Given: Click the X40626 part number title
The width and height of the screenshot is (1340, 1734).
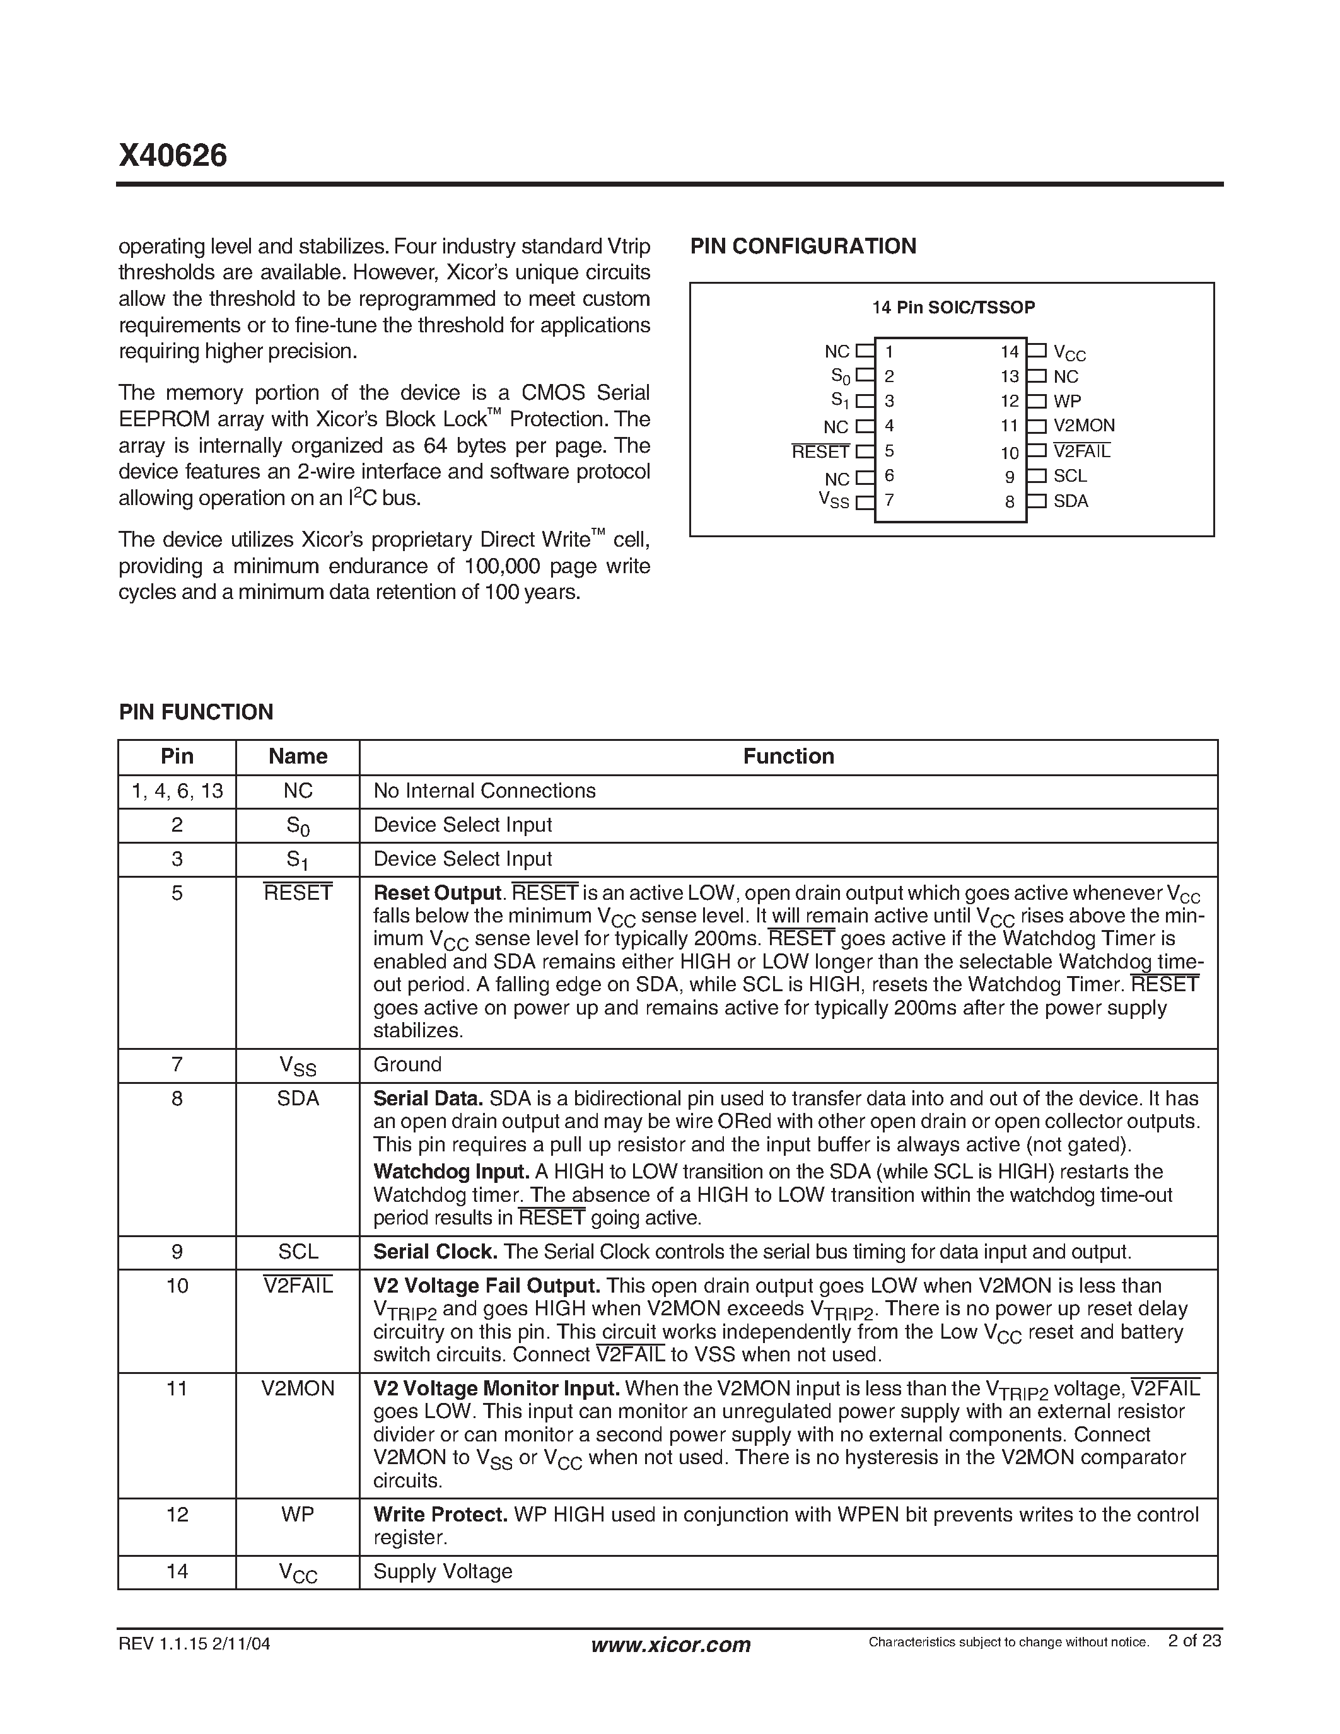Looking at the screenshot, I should click(172, 156).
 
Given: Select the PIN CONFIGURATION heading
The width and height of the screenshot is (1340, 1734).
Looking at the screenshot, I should click(803, 246).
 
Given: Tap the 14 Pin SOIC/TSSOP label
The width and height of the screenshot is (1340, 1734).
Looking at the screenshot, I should click(953, 307).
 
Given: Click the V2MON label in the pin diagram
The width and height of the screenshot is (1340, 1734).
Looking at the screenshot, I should click(1083, 426).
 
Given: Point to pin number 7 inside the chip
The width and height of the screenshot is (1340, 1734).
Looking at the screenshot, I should click(889, 500).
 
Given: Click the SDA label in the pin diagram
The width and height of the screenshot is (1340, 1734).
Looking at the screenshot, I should click(1070, 501).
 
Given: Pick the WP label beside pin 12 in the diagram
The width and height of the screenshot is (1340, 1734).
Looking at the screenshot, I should click(1067, 401).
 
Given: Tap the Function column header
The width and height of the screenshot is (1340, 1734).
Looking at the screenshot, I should click(788, 756).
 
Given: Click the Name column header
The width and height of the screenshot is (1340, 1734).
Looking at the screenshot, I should click(298, 756).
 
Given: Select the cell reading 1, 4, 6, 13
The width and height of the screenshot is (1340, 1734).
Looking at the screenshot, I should click(177, 791).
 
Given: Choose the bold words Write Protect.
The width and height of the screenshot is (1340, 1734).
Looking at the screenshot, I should click(440, 1514).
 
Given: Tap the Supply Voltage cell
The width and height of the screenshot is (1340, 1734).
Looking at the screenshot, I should click(442, 1571).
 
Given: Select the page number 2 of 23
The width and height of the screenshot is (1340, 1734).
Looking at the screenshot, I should click(1194, 1640).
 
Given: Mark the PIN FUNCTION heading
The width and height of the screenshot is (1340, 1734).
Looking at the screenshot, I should click(195, 712).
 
